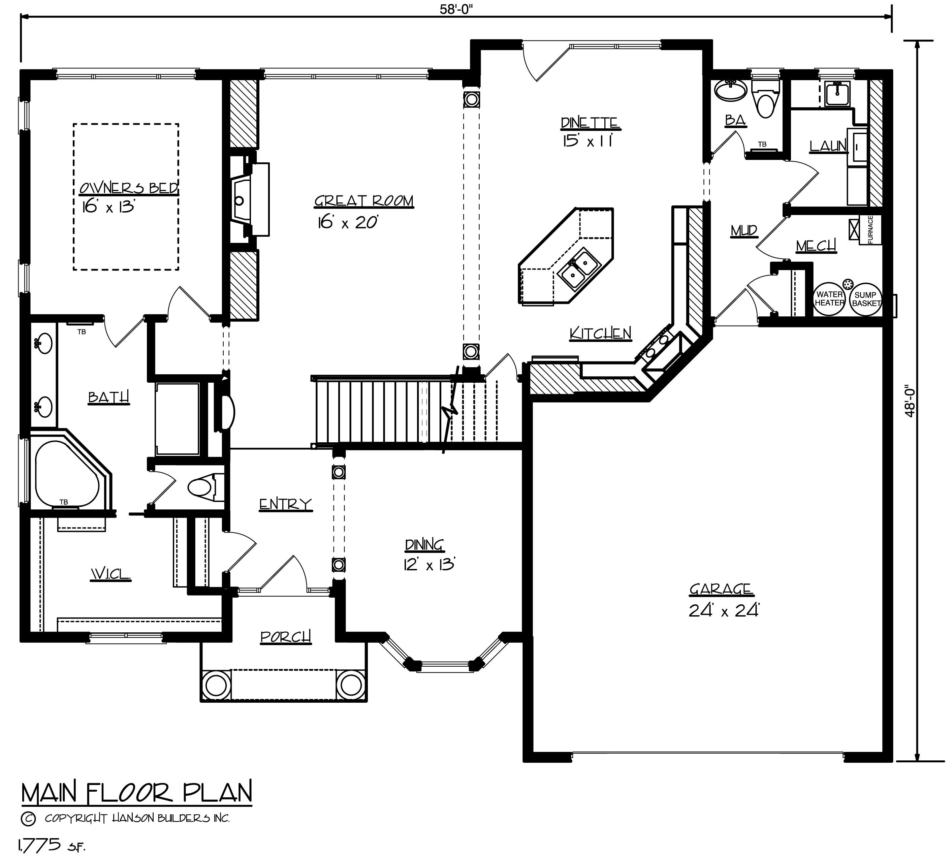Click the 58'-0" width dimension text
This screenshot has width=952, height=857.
(455, 10)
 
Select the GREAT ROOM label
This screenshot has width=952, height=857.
(363, 201)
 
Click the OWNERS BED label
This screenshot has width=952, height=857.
(129, 188)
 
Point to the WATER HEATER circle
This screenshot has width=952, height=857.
(830, 298)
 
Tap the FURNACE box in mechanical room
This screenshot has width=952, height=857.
(870, 230)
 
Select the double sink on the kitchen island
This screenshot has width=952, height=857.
(579, 267)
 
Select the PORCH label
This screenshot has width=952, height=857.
(286, 637)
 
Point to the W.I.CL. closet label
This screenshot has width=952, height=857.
(110, 574)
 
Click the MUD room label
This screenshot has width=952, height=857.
(744, 231)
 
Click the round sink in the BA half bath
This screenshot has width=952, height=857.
(730, 90)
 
